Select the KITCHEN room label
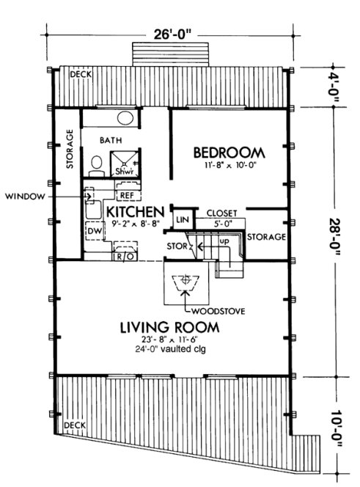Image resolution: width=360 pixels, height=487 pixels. pos(133,211)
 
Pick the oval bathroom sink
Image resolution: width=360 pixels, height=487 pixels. pos(125,117)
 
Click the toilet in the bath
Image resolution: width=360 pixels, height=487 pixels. pos(95,166)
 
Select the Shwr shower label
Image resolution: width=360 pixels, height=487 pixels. pos(122,170)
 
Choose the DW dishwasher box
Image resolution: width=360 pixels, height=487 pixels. pos(94,230)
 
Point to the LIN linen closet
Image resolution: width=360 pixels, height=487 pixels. pos(180,219)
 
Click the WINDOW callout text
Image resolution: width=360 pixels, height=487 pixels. pos(26,197)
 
